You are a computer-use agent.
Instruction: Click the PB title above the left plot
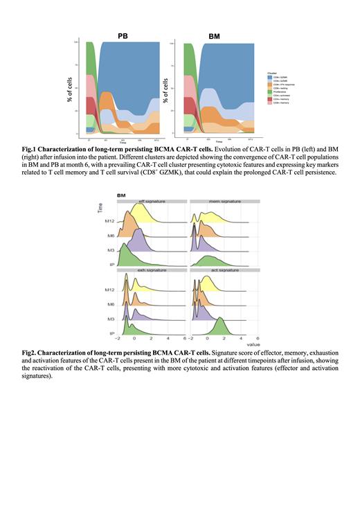coord(123,35)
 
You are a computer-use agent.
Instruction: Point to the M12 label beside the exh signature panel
coord(107,290)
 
